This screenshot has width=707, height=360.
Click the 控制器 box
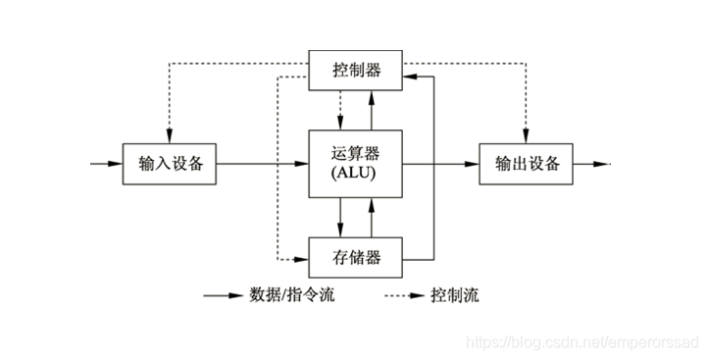(x=355, y=71)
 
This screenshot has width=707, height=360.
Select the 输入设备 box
(x=169, y=163)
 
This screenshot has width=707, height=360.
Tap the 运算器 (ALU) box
(x=355, y=163)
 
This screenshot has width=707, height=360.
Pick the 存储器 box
(x=355, y=258)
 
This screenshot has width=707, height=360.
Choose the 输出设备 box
(x=527, y=163)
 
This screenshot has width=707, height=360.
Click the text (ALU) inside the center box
(x=355, y=174)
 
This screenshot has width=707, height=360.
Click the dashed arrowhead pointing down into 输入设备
(x=169, y=135)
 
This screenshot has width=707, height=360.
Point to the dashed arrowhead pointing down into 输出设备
(x=527, y=135)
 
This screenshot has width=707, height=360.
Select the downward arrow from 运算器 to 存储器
(x=339, y=215)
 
